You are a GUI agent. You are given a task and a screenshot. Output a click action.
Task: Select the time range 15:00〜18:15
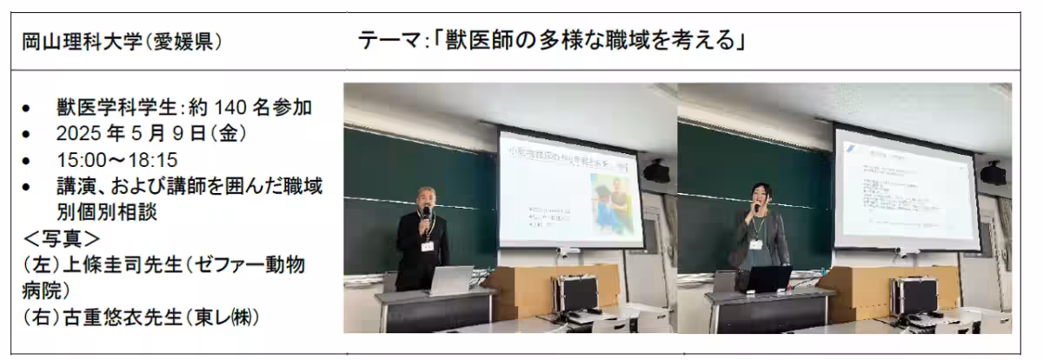116,161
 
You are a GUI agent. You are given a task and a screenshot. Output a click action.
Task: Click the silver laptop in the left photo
450,281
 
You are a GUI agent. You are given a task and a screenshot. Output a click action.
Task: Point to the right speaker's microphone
756,208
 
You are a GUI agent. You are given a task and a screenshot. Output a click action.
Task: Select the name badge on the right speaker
757,243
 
